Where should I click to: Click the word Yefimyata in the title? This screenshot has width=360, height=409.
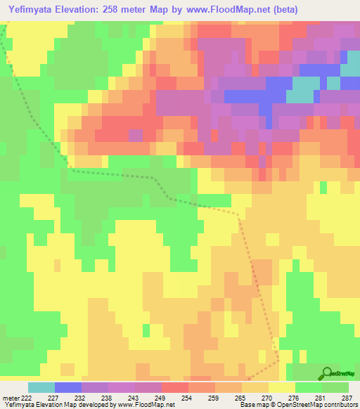pyautogui.click(x=32, y=9)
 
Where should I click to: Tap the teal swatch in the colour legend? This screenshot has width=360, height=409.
pyautogui.click(x=41, y=387)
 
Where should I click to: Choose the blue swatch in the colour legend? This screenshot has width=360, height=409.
pyautogui.click(x=68, y=387)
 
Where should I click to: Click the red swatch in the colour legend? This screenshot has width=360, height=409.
pyautogui.click(x=175, y=387)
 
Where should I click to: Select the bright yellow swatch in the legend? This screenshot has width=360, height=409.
pyautogui.click(x=282, y=387)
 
